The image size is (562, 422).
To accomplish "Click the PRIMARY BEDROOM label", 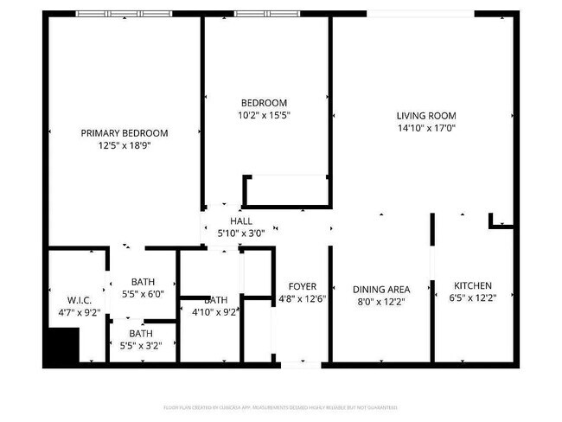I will (x=125, y=133).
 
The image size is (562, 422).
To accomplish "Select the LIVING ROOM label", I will (x=426, y=116).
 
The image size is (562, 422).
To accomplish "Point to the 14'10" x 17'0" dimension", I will (x=426, y=128).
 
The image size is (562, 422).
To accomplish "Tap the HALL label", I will (x=241, y=221).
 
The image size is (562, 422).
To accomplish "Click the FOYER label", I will (x=303, y=286).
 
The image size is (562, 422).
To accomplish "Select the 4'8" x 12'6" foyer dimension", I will (x=303, y=299).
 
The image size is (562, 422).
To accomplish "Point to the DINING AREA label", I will (x=381, y=290).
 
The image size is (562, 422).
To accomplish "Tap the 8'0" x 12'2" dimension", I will (x=381, y=303).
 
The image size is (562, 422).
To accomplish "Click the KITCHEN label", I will (x=473, y=286).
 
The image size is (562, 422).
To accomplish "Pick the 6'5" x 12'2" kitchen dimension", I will (x=473, y=298).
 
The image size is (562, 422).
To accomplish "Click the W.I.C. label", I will (x=67, y=300).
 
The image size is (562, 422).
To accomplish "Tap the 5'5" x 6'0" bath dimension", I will (x=144, y=295).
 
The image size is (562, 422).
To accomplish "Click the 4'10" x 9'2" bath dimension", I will (x=213, y=312).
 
